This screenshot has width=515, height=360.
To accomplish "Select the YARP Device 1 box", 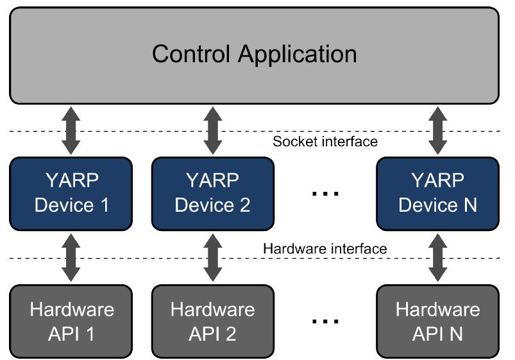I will coord(71,193).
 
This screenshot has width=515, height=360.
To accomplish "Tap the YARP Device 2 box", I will coord(212,193).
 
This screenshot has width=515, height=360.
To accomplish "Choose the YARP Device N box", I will coord(437,193).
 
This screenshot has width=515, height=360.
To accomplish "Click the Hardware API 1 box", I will coord(71,321).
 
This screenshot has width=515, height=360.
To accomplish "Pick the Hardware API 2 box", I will coord(212,321).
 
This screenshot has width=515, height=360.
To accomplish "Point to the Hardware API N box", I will coord(437,321).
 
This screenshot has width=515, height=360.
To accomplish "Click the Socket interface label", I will coord(325,141).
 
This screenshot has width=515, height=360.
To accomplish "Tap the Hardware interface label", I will coord(325,248).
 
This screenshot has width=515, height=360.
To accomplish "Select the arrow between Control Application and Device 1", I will coord(71,130).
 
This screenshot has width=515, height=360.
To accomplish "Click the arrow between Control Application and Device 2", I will coord(212,130).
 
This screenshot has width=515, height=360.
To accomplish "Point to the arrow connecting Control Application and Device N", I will coord(437,130).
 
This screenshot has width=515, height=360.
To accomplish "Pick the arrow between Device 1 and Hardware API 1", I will coord(71,257).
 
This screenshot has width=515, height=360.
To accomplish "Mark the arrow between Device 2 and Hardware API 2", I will coord(212,257).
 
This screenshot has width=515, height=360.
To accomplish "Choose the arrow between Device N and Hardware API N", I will coord(437,257).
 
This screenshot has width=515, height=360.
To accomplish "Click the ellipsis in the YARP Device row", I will coord(325,193).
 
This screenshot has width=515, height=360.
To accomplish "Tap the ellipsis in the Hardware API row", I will coord(325,320).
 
